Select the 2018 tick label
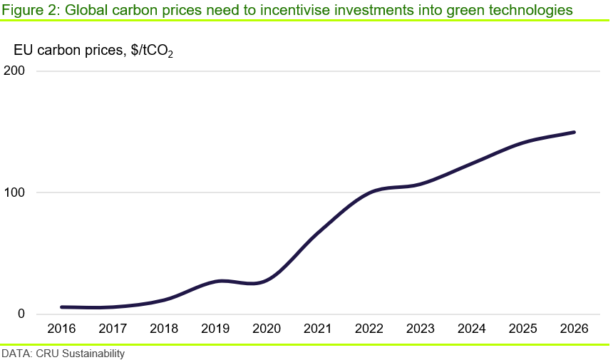click(165, 329)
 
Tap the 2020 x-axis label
click(267, 329)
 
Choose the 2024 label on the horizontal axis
click(472, 329)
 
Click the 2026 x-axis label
click(574, 329)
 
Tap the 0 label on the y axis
click(22, 314)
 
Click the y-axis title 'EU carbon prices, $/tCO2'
click(93, 51)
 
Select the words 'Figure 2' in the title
click(24, 10)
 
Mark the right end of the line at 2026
click(574, 133)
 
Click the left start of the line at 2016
click(63, 307)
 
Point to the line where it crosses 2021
click(319, 232)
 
